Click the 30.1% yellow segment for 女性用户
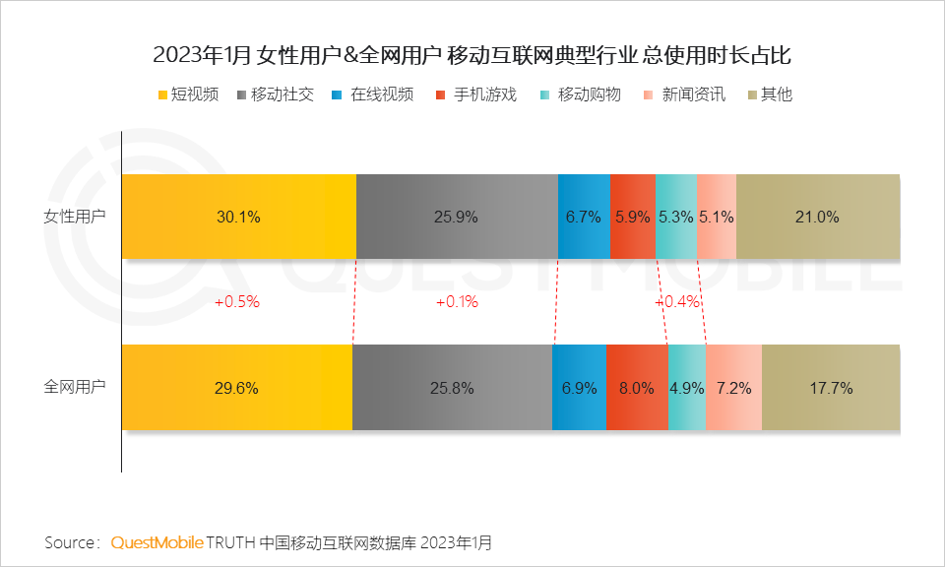tap(238, 218)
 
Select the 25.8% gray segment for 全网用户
tap(452, 388)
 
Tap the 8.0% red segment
tap(637, 388)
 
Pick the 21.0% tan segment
tap(817, 218)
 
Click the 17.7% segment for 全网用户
tap(831, 388)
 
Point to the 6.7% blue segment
tap(584, 218)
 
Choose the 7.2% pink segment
tap(733, 388)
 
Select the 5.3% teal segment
tap(675, 218)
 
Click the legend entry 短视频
tap(187, 95)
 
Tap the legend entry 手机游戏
tap(476, 95)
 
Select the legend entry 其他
tap(769, 95)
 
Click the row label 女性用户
tap(75, 217)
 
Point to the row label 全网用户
tap(75, 387)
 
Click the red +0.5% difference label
tap(236, 302)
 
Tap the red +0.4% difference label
tap(677, 302)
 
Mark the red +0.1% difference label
tap(457, 302)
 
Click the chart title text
tap(472, 55)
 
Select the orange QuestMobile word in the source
tap(157, 542)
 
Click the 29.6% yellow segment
tap(236, 388)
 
